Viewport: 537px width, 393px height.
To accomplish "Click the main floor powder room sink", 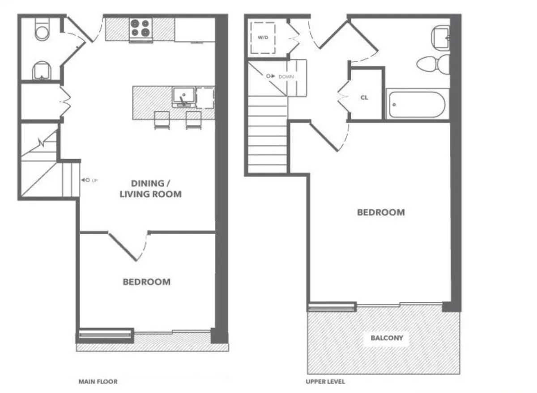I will tap(42, 71).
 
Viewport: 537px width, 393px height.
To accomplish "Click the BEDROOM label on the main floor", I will tap(146, 282).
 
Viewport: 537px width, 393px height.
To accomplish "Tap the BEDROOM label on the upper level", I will tap(380, 212).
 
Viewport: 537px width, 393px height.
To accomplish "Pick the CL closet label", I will tap(364, 98).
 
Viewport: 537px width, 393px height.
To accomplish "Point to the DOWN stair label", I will tap(286, 76).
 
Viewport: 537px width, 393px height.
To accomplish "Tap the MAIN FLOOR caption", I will tap(98, 382).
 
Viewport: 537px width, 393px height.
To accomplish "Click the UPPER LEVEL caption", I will tap(325, 382).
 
